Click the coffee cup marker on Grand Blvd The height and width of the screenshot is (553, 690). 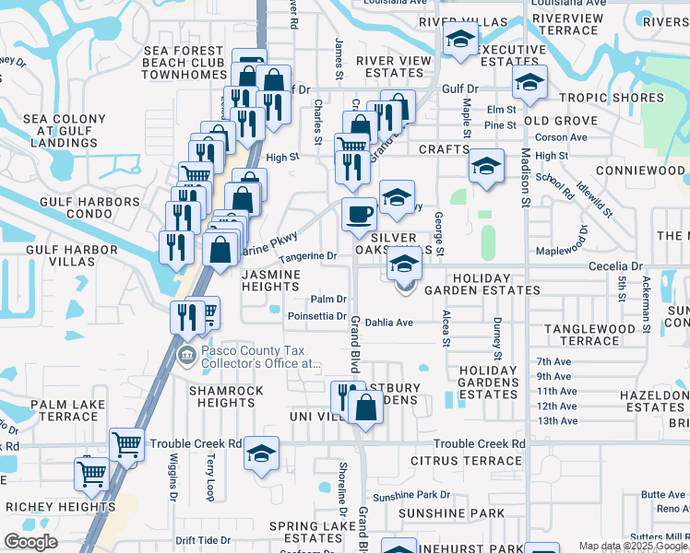(x=360, y=215)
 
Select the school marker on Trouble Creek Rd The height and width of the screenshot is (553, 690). (x=262, y=454)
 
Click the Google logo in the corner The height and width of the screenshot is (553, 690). (x=31, y=542)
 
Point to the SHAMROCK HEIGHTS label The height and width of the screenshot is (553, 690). (x=227, y=396)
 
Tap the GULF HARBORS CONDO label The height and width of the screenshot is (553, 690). (x=83, y=202)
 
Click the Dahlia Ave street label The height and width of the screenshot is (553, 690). (x=388, y=323)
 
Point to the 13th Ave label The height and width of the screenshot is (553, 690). (x=556, y=420)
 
